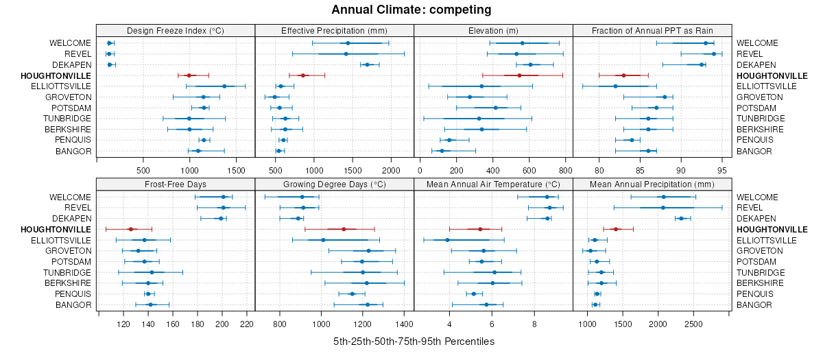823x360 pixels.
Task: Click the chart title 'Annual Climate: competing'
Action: (411, 10)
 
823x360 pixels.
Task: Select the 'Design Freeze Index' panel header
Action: (176, 30)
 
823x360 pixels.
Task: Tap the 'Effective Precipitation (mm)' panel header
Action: (334, 30)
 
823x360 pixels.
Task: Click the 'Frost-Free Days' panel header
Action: (176, 184)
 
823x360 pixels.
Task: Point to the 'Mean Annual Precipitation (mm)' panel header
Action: (652, 184)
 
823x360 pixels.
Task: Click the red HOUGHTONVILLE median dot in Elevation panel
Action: (519, 75)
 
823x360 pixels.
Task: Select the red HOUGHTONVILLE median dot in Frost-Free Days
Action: (130, 229)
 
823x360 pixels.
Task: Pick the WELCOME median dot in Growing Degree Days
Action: (302, 197)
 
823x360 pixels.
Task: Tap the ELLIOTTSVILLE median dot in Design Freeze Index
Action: (224, 86)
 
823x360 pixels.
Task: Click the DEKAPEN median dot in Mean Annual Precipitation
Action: (681, 218)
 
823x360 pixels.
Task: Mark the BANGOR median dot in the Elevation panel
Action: (442, 151)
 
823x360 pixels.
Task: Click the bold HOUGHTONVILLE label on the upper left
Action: (56, 75)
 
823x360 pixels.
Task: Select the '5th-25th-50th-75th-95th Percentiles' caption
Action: (414, 341)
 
